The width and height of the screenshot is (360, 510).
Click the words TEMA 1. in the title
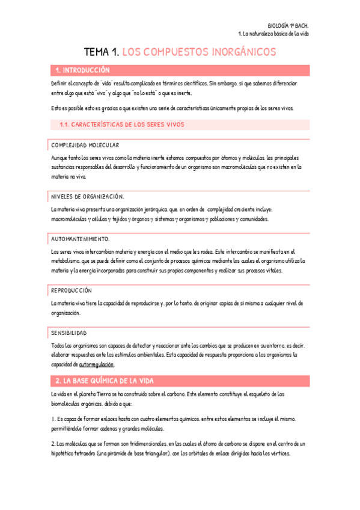(x=101, y=52)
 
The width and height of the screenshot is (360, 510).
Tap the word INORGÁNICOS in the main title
(x=240, y=52)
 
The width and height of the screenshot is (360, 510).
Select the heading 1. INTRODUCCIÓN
(x=82, y=70)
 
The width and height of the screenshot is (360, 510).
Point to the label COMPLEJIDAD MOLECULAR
(x=85, y=145)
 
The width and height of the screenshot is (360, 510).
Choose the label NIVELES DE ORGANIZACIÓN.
(x=88, y=196)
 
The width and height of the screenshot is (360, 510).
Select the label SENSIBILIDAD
(x=69, y=333)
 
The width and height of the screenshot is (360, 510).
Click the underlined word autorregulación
(x=96, y=364)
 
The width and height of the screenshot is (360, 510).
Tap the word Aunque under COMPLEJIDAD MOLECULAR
(x=61, y=158)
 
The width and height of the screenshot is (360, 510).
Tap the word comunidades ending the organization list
(x=254, y=219)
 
